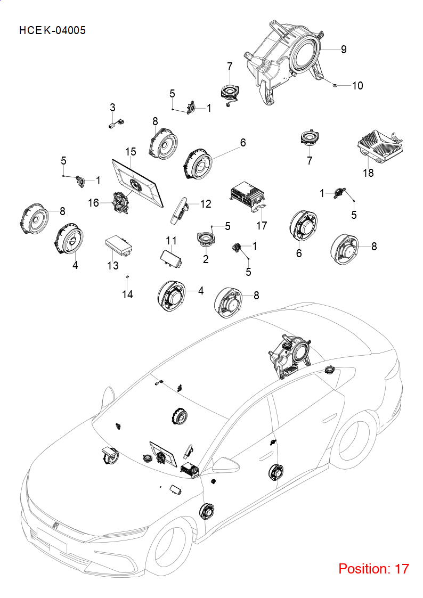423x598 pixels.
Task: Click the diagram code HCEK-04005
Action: [52, 30]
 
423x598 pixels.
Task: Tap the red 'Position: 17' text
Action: [373, 569]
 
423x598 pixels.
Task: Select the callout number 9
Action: [344, 49]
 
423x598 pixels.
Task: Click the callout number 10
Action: [357, 85]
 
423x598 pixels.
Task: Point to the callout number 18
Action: [368, 173]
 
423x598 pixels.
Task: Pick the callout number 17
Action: [261, 225]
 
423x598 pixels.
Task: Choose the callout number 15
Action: [131, 151]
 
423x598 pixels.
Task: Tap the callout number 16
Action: [93, 202]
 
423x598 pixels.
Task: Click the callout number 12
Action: [206, 203]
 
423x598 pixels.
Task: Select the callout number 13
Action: [113, 265]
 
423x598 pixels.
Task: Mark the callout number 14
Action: [127, 294]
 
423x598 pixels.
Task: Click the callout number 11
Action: [171, 241]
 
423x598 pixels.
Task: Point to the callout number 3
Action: [112, 108]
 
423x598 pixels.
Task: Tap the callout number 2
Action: [206, 259]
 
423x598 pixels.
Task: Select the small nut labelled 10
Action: [334, 85]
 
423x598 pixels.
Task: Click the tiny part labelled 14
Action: [127, 276]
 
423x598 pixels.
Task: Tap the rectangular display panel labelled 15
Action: [137, 183]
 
